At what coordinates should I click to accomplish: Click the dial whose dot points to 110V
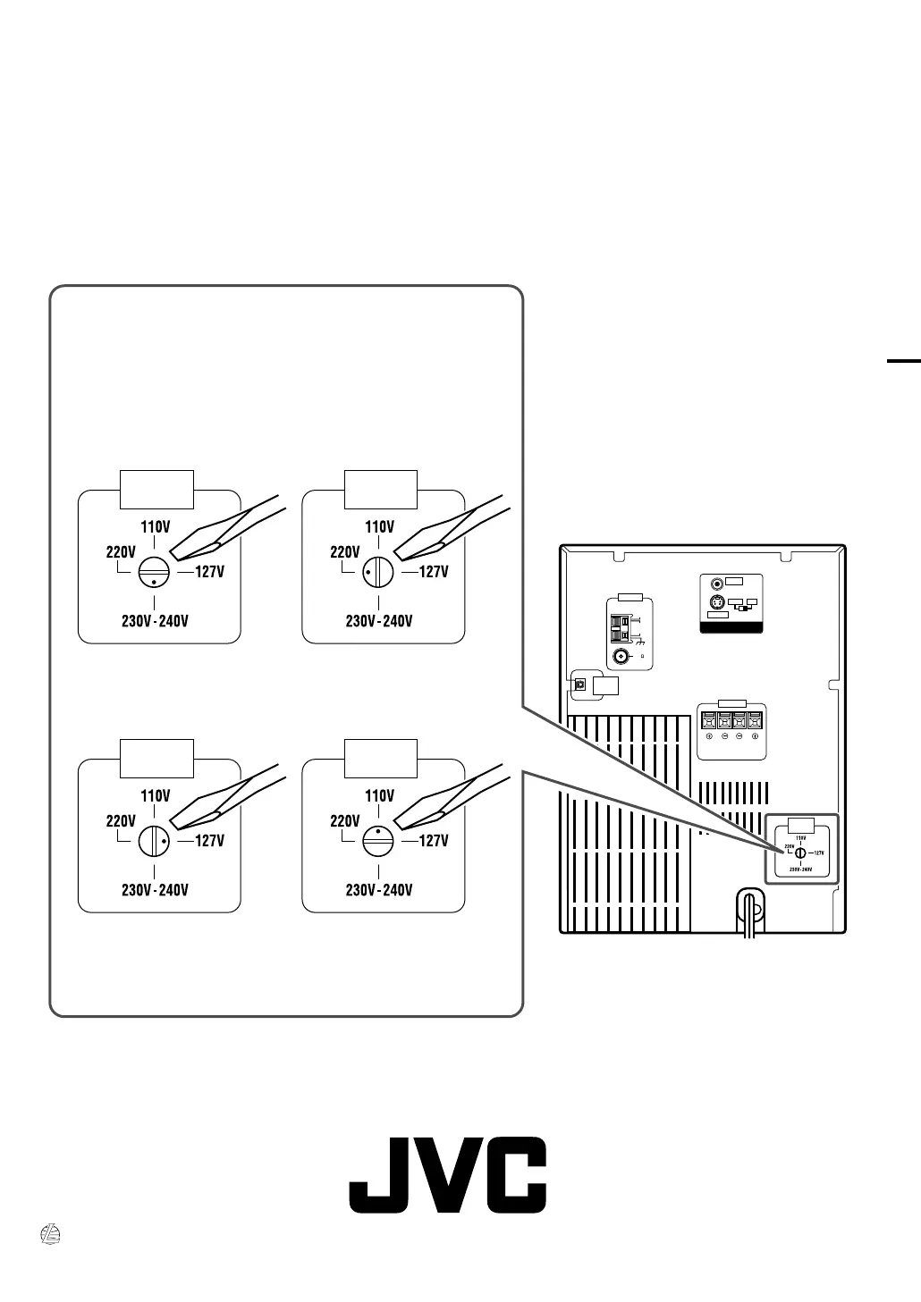tap(379, 841)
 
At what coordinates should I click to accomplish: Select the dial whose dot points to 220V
tap(379, 572)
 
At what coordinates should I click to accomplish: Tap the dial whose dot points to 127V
tap(155, 841)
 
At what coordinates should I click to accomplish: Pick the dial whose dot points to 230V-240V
tap(155, 572)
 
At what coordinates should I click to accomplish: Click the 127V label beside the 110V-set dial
tap(433, 841)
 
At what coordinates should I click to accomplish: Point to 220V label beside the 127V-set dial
tap(121, 821)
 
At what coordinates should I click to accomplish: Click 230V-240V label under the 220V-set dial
tap(379, 621)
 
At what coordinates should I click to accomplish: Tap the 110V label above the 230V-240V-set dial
tap(156, 527)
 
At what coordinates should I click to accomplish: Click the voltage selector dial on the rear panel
tap(800, 853)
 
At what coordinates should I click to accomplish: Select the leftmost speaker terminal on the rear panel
tap(709, 720)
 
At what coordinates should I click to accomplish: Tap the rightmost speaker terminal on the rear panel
tap(756, 720)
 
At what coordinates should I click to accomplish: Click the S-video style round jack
tap(715, 603)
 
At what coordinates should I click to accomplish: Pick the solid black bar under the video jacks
tap(730, 628)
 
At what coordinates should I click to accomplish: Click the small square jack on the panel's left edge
tap(579, 685)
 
